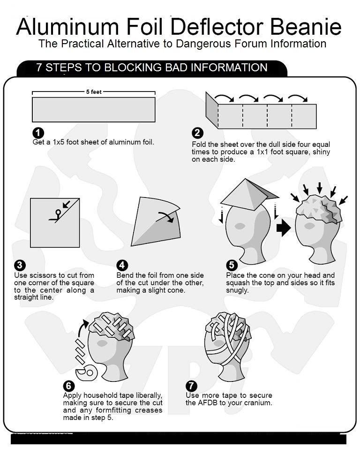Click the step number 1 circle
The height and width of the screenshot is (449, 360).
(x=38, y=133)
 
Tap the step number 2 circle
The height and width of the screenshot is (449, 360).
(x=197, y=133)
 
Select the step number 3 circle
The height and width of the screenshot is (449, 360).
(x=20, y=265)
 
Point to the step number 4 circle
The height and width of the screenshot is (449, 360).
(x=122, y=265)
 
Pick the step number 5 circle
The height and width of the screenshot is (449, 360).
(x=232, y=265)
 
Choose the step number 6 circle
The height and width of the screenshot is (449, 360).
(x=68, y=386)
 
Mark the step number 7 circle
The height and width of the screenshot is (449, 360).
(x=191, y=386)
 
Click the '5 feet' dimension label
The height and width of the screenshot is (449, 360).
(x=94, y=92)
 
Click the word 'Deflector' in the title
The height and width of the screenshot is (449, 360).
(x=217, y=27)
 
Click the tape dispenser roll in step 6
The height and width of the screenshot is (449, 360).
(x=86, y=373)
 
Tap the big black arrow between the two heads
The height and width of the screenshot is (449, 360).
(x=284, y=228)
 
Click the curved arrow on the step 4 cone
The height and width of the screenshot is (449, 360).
(x=165, y=217)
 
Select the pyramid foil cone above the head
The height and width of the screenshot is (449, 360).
(x=249, y=195)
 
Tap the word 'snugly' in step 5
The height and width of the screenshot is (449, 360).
(x=236, y=290)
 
